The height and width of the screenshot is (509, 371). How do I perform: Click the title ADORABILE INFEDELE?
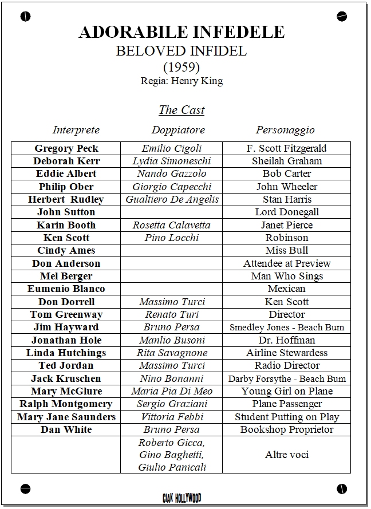click(x=181, y=32)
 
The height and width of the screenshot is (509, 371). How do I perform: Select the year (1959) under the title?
click(x=181, y=66)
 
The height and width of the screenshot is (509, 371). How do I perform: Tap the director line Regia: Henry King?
click(x=181, y=81)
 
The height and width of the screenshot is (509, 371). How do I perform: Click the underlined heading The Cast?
click(x=181, y=110)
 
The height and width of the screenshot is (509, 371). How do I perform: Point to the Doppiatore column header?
click(x=178, y=130)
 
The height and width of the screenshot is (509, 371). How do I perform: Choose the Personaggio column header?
click(x=285, y=130)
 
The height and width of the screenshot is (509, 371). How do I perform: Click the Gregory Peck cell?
click(x=66, y=148)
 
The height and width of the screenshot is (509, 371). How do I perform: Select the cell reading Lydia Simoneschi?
click(x=172, y=161)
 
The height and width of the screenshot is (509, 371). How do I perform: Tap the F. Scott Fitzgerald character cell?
click(x=287, y=148)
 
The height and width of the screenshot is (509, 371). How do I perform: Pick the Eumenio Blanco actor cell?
click(x=66, y=289)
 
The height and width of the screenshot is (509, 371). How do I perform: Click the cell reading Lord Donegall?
click(x=287, y=212)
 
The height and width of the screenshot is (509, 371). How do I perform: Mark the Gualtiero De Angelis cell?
click(x=172, y=199)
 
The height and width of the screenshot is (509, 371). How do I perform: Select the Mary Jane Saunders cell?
click(x=66, y=417)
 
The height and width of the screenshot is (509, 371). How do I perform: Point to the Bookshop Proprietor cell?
click(x=287, y=429)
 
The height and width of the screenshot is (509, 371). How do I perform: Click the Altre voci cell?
click(x=287, y=455)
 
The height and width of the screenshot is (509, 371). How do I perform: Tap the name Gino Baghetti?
click(x=172, y=455)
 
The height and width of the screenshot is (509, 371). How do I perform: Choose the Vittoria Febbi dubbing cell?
click(x=172, y=417)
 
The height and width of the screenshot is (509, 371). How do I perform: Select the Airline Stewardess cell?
click(x=287, y=353)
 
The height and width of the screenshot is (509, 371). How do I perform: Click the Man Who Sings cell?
click(x=287, y=276)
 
